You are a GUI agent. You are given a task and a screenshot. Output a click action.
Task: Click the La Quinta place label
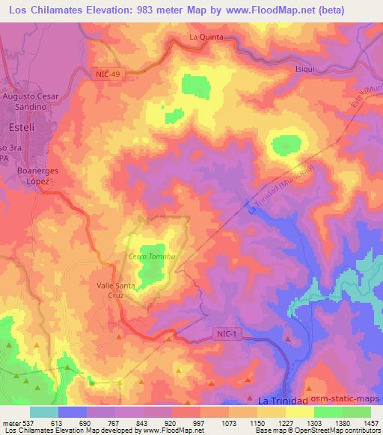tap(205, 36)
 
